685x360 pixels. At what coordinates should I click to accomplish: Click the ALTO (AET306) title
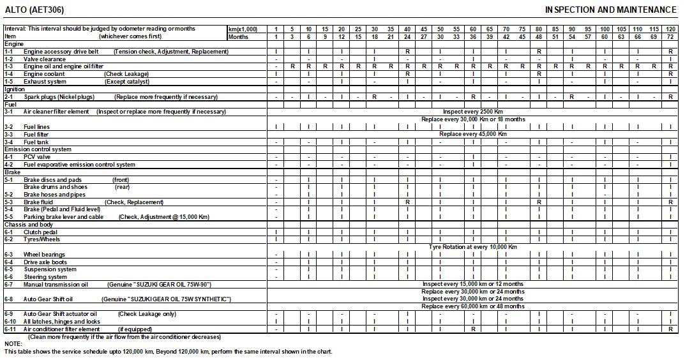coord(34,10)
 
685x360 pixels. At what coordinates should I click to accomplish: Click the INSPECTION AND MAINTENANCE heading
coord(610,10)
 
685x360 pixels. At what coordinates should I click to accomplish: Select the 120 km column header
coord(670,29)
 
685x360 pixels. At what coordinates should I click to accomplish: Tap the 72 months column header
coord(670,37)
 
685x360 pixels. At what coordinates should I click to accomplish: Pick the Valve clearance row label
coord(45,59)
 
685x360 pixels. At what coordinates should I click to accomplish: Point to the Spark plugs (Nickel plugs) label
coord(57,97)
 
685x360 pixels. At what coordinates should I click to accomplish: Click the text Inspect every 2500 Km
coord(473,112)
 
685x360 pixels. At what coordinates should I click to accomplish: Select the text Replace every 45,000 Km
coord(473,134)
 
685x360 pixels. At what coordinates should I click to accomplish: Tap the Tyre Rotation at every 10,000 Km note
coord(473,246)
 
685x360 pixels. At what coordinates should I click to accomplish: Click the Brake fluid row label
coord(38,202)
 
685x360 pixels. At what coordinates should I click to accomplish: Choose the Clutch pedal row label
coord(40,232)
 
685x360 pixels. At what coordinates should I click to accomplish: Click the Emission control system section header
coord(38,149)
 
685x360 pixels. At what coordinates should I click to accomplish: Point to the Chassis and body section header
coord(29,225)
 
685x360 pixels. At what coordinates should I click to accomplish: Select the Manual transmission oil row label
coord(56,284)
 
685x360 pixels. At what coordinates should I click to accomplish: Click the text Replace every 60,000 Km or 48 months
coord(473,306)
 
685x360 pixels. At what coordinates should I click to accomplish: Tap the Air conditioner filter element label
coord(62,329)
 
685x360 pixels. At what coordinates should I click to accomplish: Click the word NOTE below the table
coord(13,344)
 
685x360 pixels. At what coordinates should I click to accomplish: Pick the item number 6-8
coord(9,299)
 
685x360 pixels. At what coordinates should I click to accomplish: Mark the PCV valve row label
coord(37,157)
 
